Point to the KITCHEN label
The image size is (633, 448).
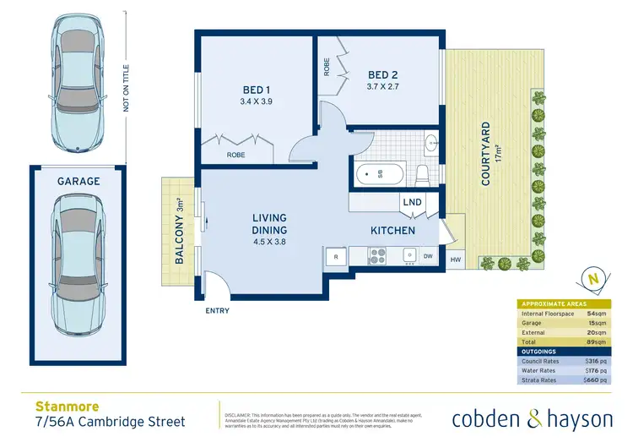click(x=392, y=230)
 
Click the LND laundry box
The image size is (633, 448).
click(x=413, y=203)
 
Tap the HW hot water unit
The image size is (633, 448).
click(x=456, y=260)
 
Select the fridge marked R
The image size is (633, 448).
click(x=336, y=256)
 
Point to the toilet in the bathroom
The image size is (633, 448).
click(x=422, y=174)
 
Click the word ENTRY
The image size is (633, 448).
click(x=218, y=311)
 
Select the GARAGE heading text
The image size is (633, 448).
click(x=78, y=181)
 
